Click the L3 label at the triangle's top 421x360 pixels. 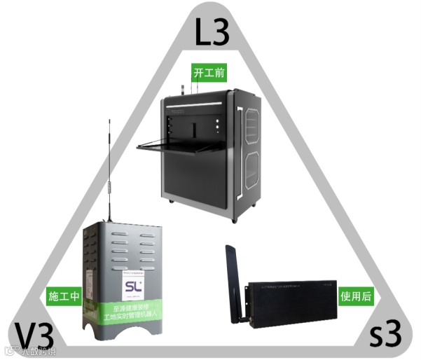pos(210,32)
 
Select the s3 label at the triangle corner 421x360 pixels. pos(386,335)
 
